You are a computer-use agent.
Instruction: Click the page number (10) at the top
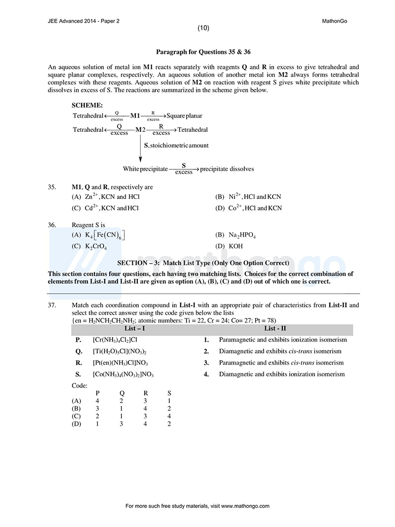pos(203,28)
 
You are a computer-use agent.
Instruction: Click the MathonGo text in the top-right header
pos(334,21)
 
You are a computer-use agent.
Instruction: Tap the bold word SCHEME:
pos(87,105)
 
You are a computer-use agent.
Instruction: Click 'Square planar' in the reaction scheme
pos(184,116)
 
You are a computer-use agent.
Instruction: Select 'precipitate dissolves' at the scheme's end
pos(227,169)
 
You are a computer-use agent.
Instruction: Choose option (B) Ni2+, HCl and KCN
pos(249,197)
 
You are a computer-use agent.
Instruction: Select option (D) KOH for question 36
pos(229,246)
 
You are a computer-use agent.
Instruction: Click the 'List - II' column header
pos(275,328)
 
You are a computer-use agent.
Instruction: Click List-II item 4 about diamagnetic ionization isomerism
pos(281,374)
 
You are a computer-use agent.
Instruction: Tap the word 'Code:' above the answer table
pos(79,385)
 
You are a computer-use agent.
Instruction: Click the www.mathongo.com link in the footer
pos(245,506)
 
